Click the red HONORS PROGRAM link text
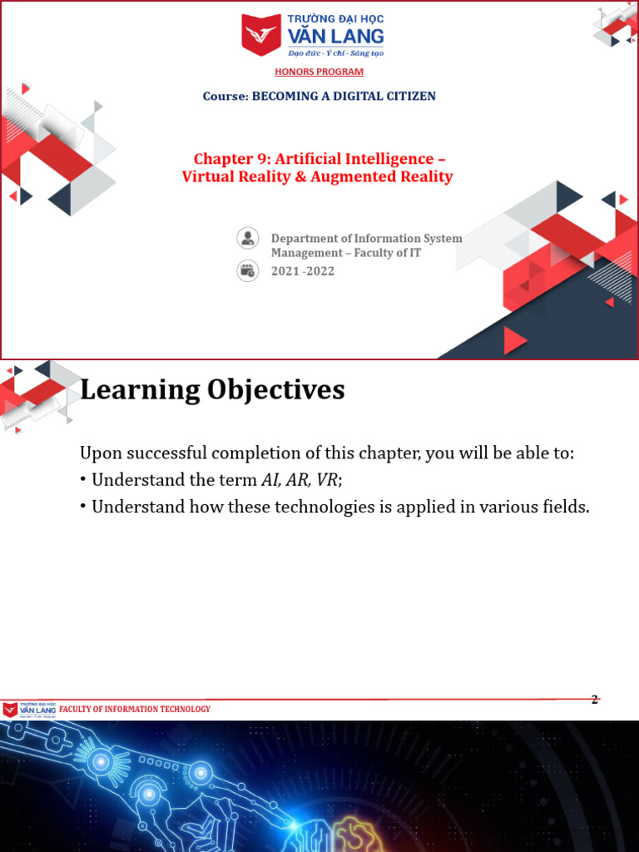click(319, 72)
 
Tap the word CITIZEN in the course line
click(409, 96)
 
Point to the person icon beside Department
click(247, 238)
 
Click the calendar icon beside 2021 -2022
click(247, 270)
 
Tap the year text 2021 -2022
click(303, 271)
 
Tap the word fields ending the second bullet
click(564, 507)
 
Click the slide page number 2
click(594, 700)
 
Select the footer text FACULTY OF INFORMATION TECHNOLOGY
click(135, 710)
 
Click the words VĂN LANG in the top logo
click(344, 35)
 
